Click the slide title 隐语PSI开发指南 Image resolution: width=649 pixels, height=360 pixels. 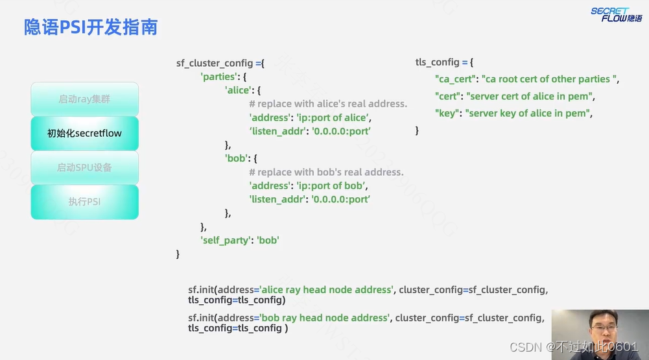(91, 27)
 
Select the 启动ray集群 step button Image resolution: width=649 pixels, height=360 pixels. (84, 99)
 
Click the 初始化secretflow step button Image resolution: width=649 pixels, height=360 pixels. (84, 134)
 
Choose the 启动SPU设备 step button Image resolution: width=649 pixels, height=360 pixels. (84, 167)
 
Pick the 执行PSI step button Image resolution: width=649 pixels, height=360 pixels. (84, 202)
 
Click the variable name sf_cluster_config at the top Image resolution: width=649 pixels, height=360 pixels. (215, 64)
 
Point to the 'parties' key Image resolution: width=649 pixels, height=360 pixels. (218, 77)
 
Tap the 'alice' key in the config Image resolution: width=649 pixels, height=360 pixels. (237, 90)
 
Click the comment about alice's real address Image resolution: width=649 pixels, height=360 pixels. (328, 104)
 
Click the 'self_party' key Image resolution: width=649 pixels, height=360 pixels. (225, 240)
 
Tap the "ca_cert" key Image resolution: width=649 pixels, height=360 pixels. (456, 79)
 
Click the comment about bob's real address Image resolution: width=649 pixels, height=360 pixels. (326, 172)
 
